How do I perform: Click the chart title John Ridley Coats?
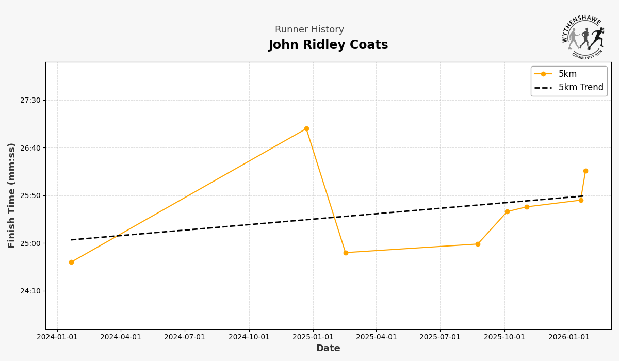point(328,45)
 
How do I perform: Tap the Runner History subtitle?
point(309,30)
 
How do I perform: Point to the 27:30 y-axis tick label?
point(30,100)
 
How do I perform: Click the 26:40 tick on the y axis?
point(30,148)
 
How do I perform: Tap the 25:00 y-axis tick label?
point(30,243)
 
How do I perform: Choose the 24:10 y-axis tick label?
point(30,291)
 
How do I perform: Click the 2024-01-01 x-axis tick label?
point(57,337)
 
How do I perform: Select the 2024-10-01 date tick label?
point(249,337)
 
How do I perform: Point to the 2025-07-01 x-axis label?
point(440,337)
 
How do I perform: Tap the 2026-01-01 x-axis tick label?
point(569,337)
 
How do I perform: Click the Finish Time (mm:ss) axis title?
point(12,195)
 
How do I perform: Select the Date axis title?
point(328,349)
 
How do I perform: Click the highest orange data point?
point(306,128)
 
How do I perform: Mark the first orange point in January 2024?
point(71,262)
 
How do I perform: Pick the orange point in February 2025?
point(346,253)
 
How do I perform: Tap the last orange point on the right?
point(585,171)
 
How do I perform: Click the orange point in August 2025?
point(478,244)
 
